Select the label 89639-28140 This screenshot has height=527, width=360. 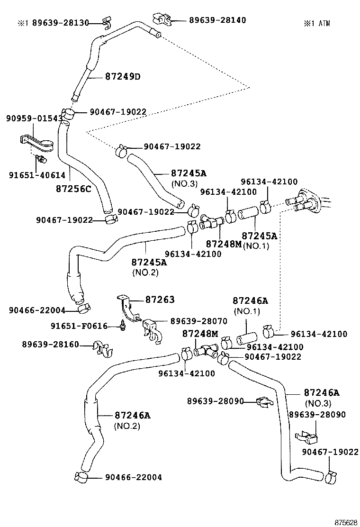tap(217, 20)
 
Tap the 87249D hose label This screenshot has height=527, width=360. tap(123, 77)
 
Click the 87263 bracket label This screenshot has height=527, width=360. tap(160, 300)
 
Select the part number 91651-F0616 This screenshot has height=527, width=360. tap(79, 326)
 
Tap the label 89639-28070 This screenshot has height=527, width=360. tap(199, 321)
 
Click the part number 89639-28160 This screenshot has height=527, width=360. tap(50, 344)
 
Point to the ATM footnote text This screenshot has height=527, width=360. tap(317, 23)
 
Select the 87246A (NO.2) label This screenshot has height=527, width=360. tap(132, 420)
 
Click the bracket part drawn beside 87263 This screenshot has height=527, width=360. tap(126, 308)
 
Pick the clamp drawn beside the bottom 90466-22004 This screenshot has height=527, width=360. tap(81, 477)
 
